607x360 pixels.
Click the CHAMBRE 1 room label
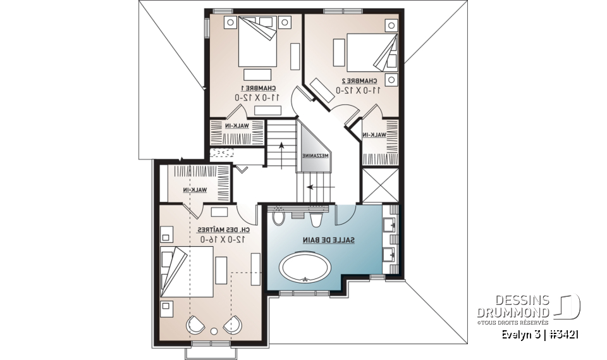point(258,87)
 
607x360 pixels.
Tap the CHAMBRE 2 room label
point(359,80)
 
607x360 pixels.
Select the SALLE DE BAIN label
point(333,240)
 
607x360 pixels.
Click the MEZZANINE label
point(314,155)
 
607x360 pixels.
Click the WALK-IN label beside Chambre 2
point(374,135)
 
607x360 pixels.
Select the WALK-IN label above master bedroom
point(195,190)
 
